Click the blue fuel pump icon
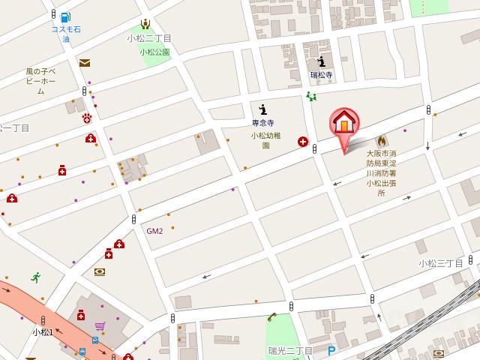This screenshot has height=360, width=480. [x=66, y=16]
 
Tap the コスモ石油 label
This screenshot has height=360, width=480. [x=66, y=34]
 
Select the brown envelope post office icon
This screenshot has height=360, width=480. [x=84, y=63]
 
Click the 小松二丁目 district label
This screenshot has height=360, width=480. [x=148, y=37]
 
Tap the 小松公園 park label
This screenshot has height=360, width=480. [x=154, y=52]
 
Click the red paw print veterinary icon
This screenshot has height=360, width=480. [x=87, y=118]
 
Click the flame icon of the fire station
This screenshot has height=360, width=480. [x=381, y=140]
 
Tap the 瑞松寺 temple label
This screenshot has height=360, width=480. [x=321, y=76]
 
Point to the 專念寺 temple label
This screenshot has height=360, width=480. [x=262, y=122]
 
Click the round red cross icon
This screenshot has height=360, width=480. [x=303, y=141]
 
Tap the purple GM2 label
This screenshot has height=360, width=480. [x=154, y=230]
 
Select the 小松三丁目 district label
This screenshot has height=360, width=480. [x=441, y=263]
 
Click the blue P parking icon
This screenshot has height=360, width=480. [x=331, y=350]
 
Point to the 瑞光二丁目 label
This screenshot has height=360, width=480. [x=290, y=351]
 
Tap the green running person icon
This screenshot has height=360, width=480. [x=34, y=277]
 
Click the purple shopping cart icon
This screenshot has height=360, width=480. [x=99, y=326]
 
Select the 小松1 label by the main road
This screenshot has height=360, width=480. [x=42, y=331]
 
